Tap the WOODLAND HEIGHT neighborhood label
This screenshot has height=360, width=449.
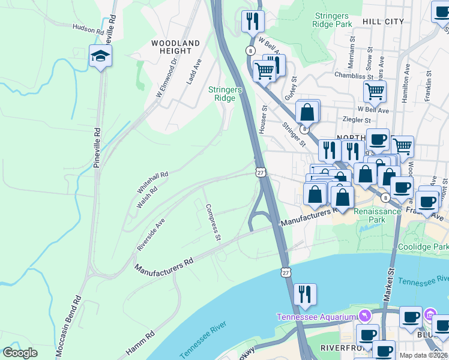175,47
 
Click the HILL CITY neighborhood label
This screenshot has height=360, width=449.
383,22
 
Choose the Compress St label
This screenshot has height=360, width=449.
213,222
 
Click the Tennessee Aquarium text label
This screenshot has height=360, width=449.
316,317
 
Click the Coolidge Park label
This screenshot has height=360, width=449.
422,247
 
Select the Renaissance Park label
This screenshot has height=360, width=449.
377,216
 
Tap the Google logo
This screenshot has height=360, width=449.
20,353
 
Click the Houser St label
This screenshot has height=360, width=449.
263,119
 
